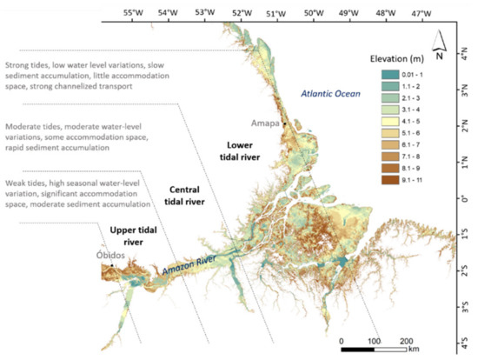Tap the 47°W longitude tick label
[420, 13]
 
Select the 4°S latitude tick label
[470, 343]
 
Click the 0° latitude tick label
[470, 198]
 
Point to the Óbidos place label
[111, 256]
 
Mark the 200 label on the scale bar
[405, 339]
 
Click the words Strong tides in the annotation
[25, 63]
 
